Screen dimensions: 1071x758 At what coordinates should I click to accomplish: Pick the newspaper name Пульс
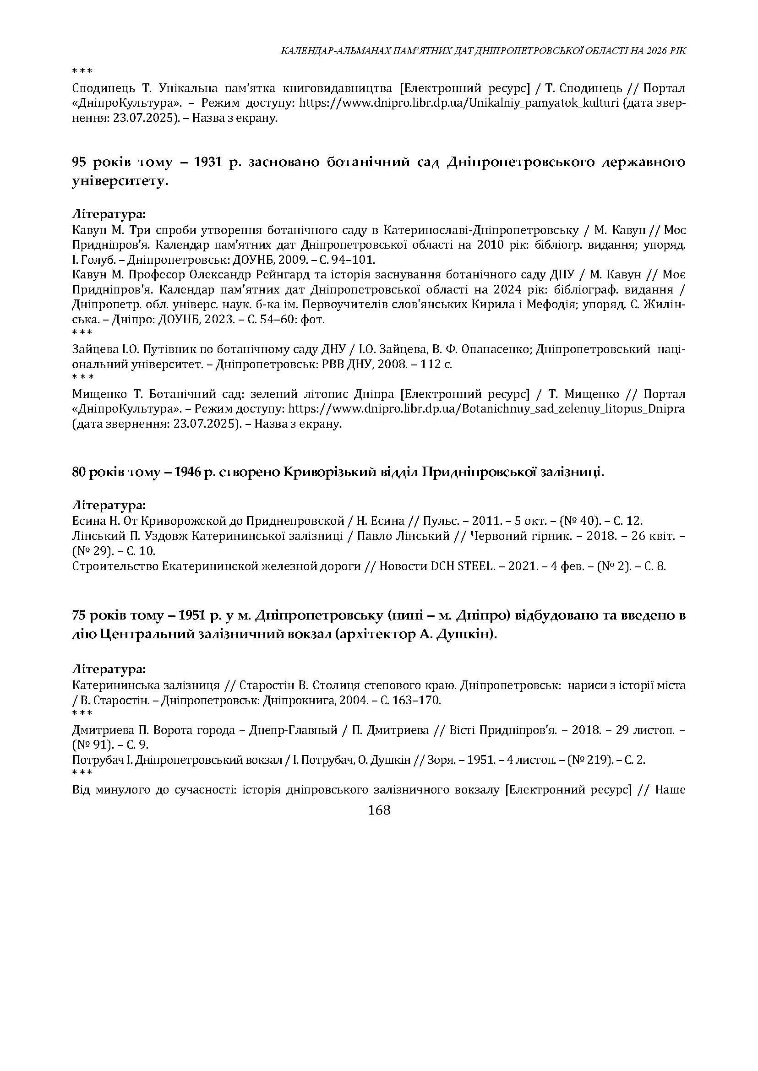tap(436, 521)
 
